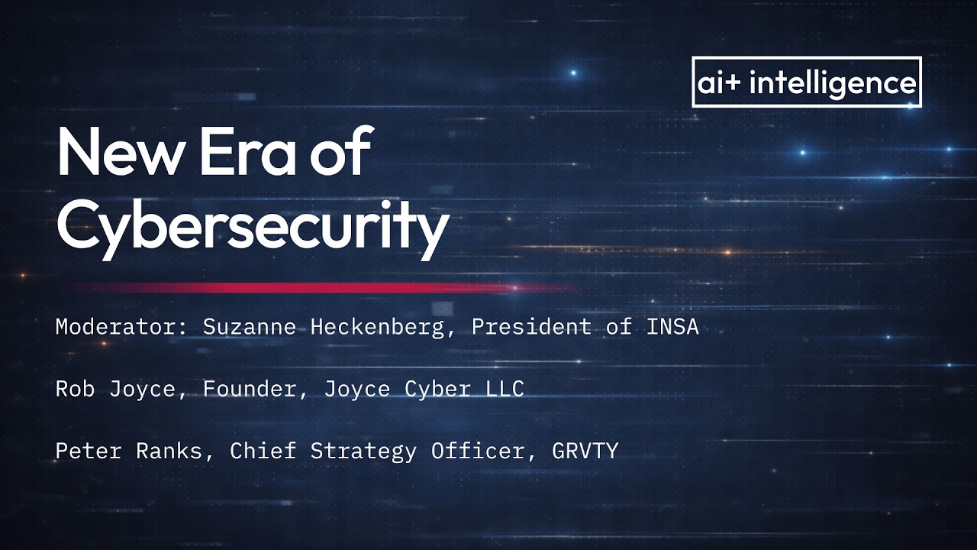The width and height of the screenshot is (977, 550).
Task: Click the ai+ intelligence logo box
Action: pyautogui.click(x=806, y=82)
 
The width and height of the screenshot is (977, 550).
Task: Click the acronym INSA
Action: pyautogui.click(x=672, y=327)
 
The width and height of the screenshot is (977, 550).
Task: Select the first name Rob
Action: pyautogui.click(x=76, y=389)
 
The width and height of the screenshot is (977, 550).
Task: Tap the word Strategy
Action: pyautogui.click(x=363, y=451)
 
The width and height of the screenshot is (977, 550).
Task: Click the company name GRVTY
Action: pyautogui.click(x=585, y=451)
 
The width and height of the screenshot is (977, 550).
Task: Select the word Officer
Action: pyautogui.click(x=478, y=451)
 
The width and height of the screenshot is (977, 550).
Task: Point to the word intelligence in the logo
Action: pyautogui.click(x=833, y=82)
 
